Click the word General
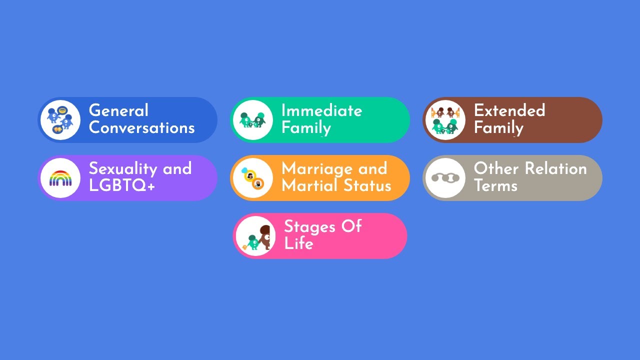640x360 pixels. [x=118, y=110]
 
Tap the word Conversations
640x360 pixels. [x=141, y=127]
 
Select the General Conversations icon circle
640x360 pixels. [x=60, y=120]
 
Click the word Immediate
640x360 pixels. [x=321, y=110]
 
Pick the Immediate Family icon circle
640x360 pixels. [x=252, y=120]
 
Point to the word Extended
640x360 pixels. [x=509, y=110]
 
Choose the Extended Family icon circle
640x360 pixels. [x=445, y=120]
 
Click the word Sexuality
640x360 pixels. [x=123, y=168]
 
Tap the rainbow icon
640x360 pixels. [x=60, y=178]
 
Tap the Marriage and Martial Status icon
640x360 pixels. [x=252, y=178]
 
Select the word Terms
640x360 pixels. [x=495, y=185]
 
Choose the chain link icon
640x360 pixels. [x=445, y=178]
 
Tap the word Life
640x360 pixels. [x=298, y=243]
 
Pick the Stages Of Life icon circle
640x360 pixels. [x=255, y=236]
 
